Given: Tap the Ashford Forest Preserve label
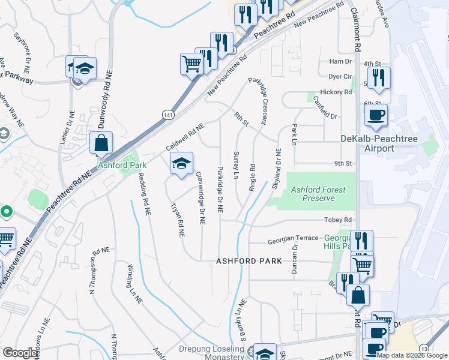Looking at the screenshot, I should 318,194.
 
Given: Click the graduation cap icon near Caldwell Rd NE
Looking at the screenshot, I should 181,163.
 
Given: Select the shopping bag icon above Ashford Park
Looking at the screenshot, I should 101,143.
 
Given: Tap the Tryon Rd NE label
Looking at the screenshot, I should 177,218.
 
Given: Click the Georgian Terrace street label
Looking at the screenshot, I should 292,238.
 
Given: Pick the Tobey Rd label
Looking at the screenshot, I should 337,220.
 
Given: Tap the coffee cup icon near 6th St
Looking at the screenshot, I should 376,115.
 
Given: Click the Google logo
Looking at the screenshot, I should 20,353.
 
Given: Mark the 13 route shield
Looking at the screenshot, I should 424,349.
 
